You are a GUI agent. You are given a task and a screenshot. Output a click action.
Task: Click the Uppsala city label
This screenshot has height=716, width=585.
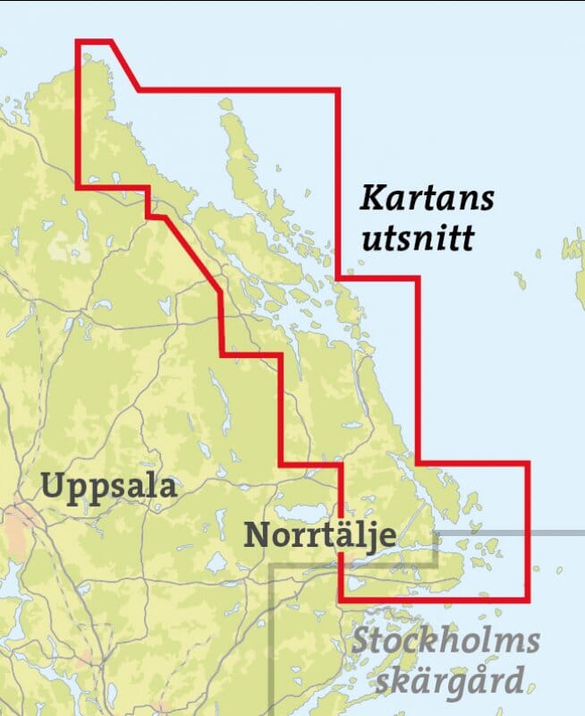pyautogui.click(x=109, y=489)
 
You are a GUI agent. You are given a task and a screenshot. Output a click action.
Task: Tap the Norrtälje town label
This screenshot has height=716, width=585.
pyautogui.click(x=319, y=536)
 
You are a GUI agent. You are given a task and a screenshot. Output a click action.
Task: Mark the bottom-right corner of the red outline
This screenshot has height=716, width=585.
pyautogui.click(x=529, y=599)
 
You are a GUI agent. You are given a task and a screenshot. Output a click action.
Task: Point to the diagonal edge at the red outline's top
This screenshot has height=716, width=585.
pyautogui.click(x=124, y=65)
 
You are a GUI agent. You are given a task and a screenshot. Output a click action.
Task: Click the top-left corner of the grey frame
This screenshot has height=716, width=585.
pyautogui.click(x=272, y=566)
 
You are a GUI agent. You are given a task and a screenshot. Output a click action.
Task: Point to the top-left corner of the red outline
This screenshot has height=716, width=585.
pyautogui.click(x=78, y=41)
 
